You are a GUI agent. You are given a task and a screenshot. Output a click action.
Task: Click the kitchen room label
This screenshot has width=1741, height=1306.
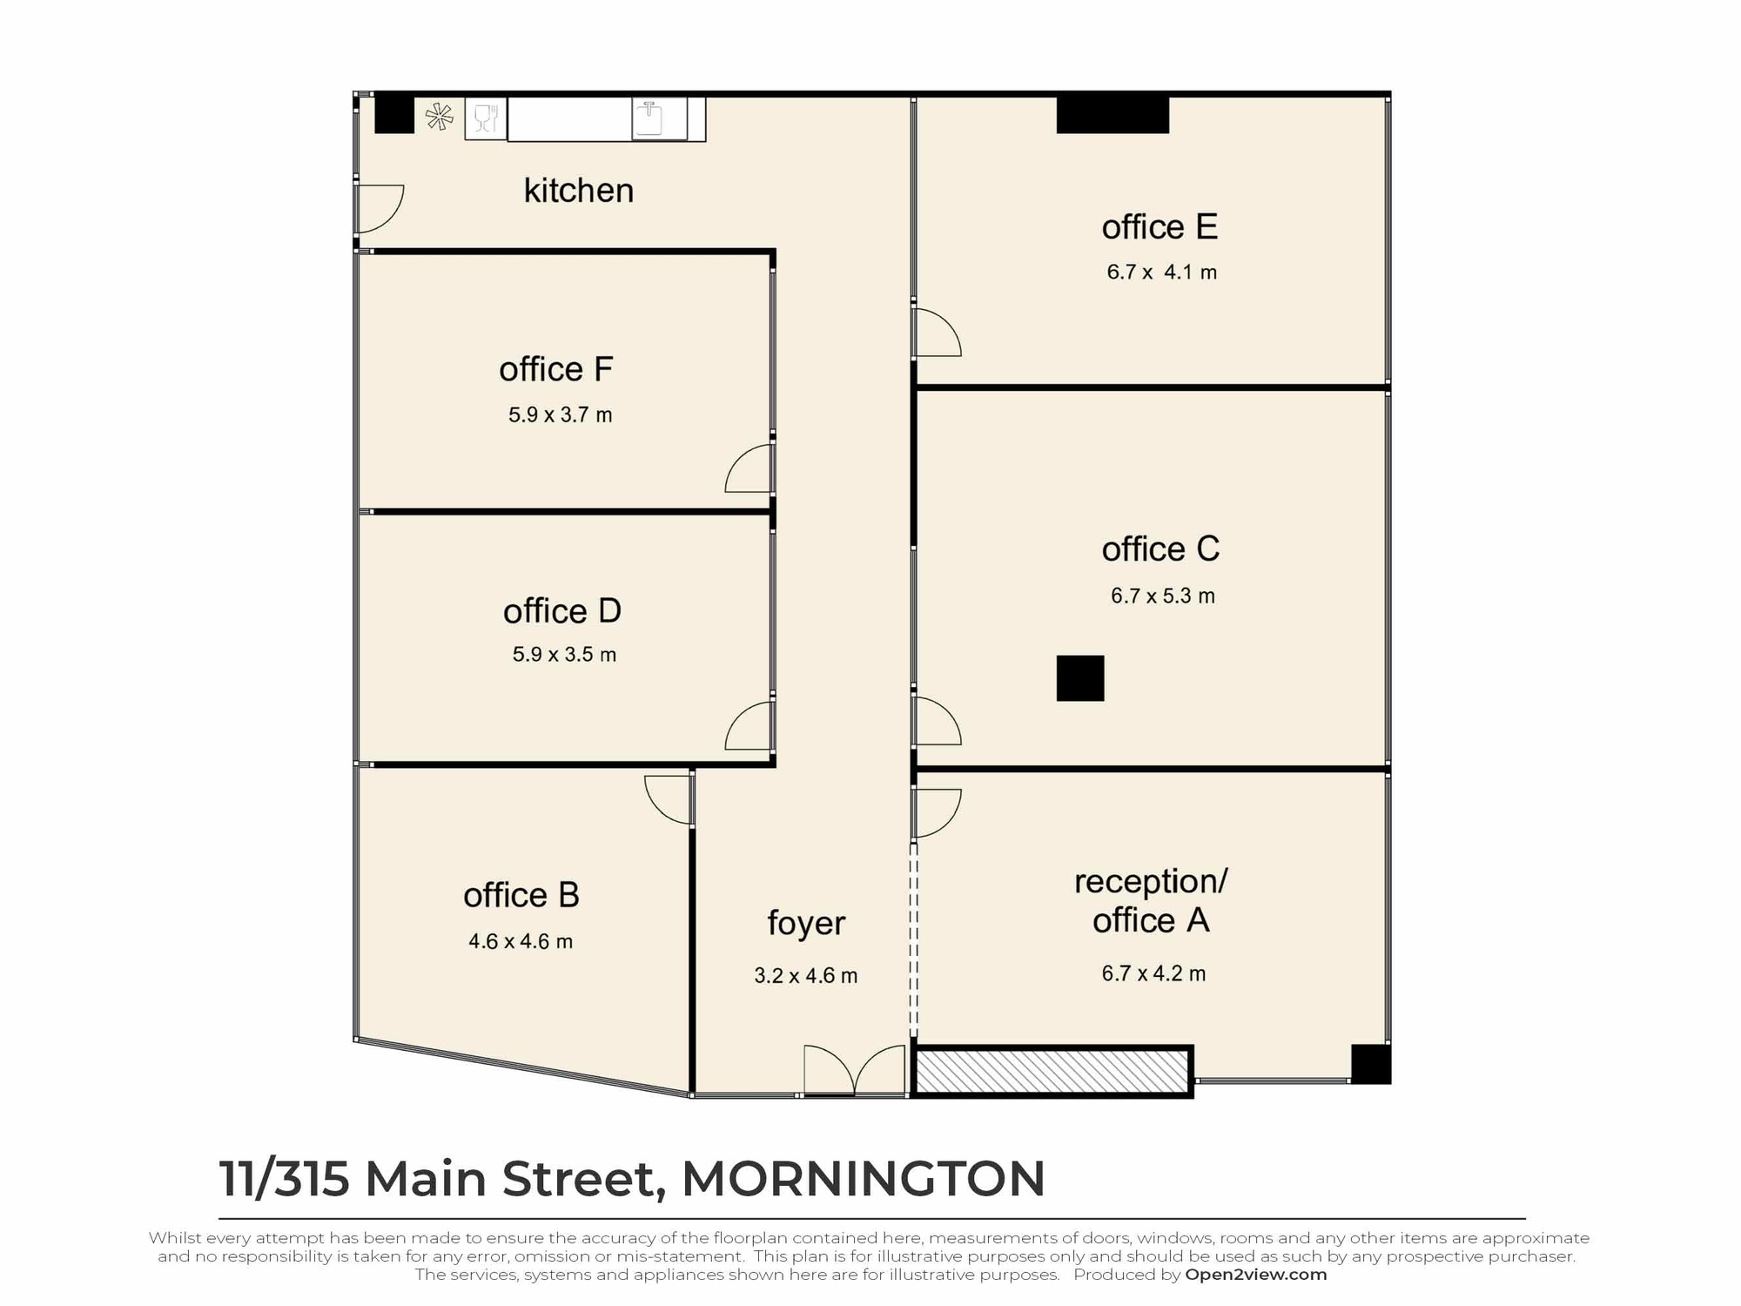(578, 191)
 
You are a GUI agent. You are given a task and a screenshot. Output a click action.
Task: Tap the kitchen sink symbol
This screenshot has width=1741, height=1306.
(649, 119)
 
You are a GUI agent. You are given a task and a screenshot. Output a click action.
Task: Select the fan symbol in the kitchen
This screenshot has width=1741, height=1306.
(440, 117)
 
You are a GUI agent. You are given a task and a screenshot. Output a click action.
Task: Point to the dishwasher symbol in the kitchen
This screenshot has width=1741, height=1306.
(486, 118)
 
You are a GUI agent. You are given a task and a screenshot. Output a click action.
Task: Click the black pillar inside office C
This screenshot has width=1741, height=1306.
(1080, 678)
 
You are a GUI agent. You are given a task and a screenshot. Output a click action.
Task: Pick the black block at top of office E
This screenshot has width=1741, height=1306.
(1112, 115)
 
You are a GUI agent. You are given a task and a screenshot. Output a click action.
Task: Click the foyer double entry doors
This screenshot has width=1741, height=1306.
(854, 1070)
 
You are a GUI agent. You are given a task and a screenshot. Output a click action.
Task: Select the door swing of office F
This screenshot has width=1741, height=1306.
(749, 469)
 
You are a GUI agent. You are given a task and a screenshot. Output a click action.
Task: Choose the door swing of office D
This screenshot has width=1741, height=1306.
(749, 725)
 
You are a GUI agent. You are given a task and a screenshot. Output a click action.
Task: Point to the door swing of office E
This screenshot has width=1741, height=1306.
(937, 333)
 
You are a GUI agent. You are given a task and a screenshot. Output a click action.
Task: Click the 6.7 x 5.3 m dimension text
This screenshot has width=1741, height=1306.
(1162, 596)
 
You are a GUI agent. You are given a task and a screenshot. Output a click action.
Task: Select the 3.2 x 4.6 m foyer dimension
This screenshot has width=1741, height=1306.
(805, 976)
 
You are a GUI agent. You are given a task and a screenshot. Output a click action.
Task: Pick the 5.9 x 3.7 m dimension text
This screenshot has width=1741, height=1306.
(560, 415)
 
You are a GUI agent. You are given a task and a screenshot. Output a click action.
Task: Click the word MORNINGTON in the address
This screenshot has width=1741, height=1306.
(863, 1179)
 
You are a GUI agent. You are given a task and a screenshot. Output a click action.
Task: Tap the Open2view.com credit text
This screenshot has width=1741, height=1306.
(1255, 1275)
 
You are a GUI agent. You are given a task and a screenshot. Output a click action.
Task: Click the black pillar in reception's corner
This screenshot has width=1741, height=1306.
(1370, 1064)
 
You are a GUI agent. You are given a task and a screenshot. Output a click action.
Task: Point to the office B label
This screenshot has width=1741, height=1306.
(521, 895)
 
